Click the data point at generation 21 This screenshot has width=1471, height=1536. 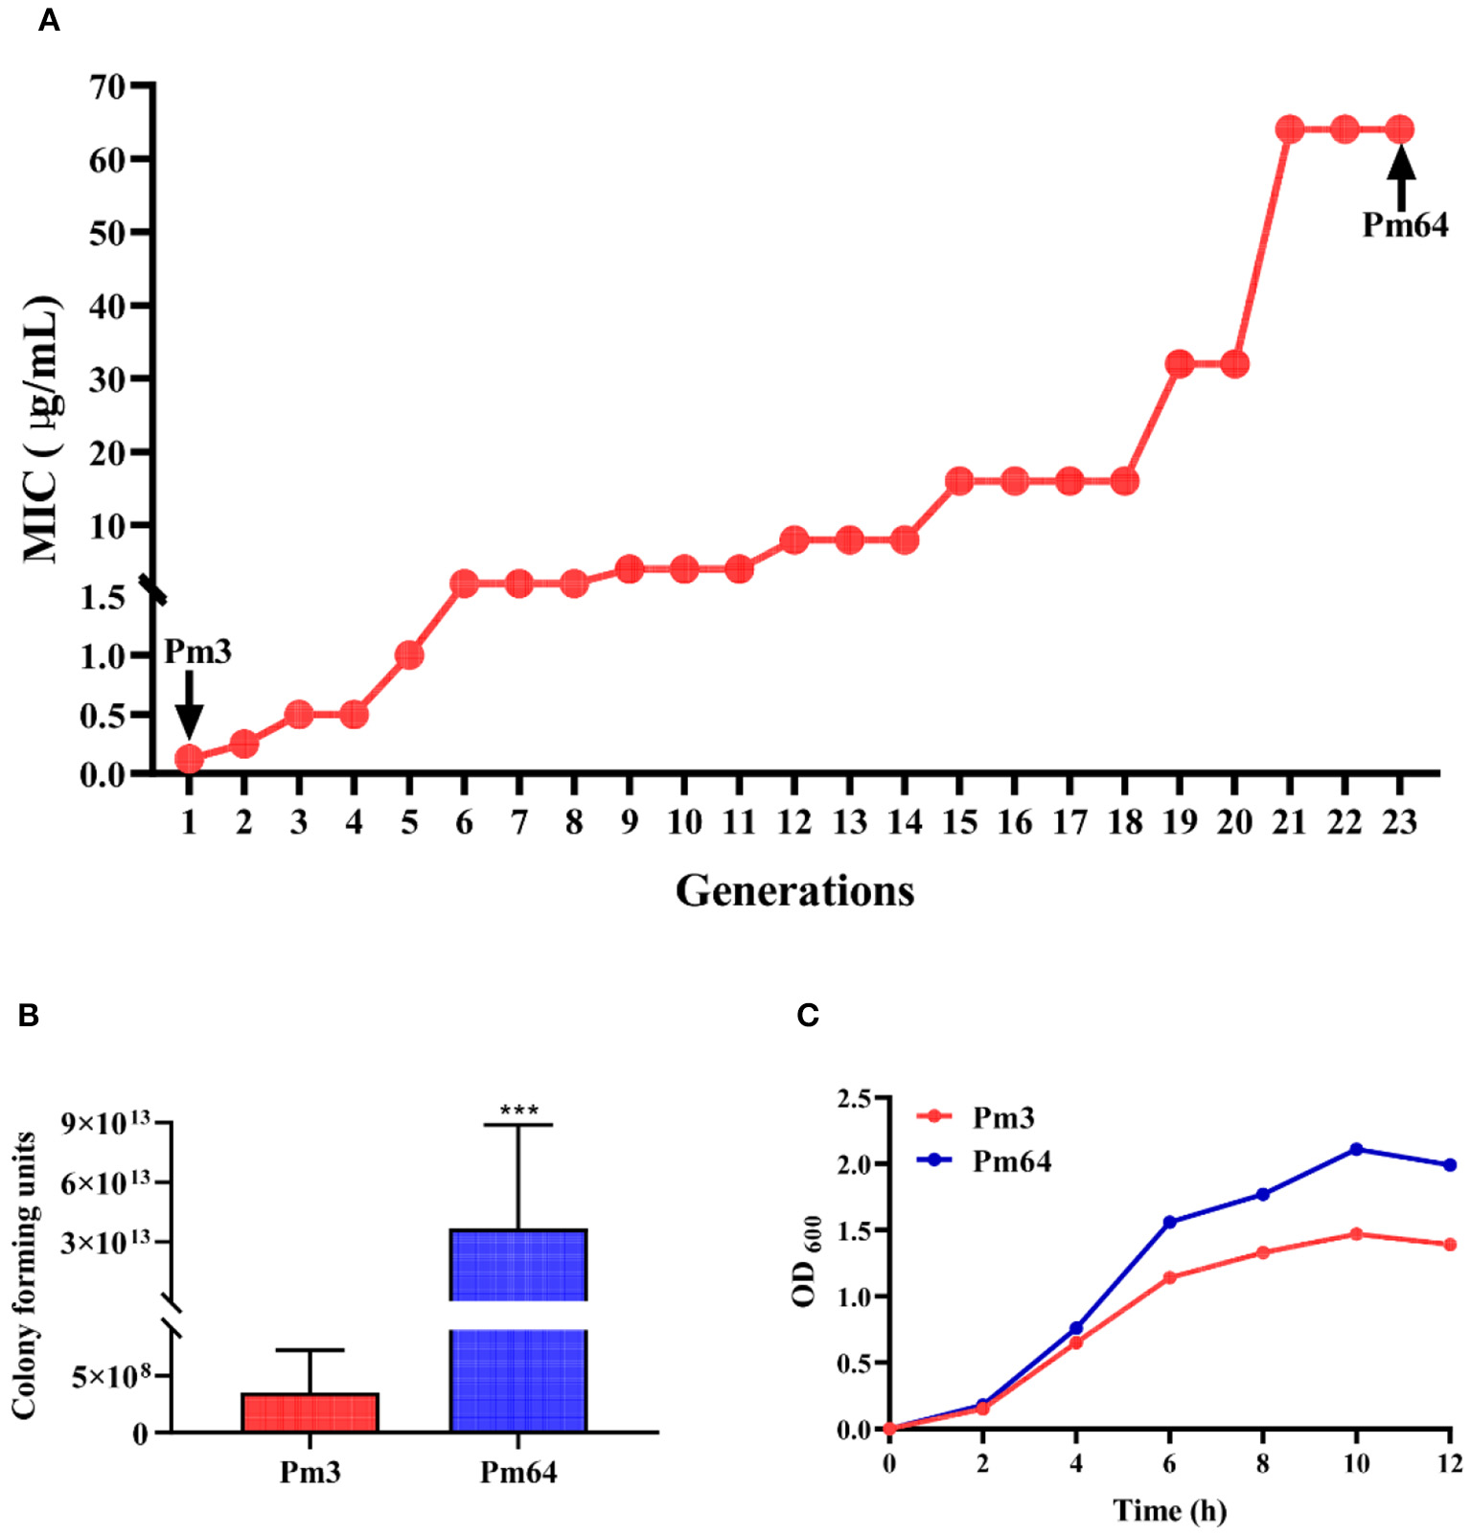point(1290,129)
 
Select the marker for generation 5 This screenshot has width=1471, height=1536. point(409,655)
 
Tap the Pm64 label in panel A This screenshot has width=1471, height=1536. point(1405,225)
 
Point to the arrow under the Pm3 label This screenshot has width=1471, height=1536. point(190,704)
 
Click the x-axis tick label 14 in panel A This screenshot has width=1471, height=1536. point(904,822)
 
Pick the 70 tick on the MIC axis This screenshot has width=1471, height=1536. point(107,86)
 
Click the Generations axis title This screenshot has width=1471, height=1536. point(794,891)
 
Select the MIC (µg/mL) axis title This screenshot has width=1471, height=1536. point(40,429)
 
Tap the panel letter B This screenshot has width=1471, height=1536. point(28,1016)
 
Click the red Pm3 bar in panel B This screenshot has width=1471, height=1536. point(310,1412)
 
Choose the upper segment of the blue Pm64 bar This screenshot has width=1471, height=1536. point(517,1264)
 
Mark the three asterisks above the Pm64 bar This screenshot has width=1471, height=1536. point(518,1111)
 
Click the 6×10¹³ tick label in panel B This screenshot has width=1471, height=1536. point(104,1182)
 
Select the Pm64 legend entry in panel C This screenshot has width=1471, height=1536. point(1011,1161)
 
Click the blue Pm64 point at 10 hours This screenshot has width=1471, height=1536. point(1356,1149)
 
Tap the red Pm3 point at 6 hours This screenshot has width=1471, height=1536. point(1169,1277)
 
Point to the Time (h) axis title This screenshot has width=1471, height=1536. point(1169,1511)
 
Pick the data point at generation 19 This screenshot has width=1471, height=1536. point(1180,364)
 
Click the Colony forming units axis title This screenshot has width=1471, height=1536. point(24,1274)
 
